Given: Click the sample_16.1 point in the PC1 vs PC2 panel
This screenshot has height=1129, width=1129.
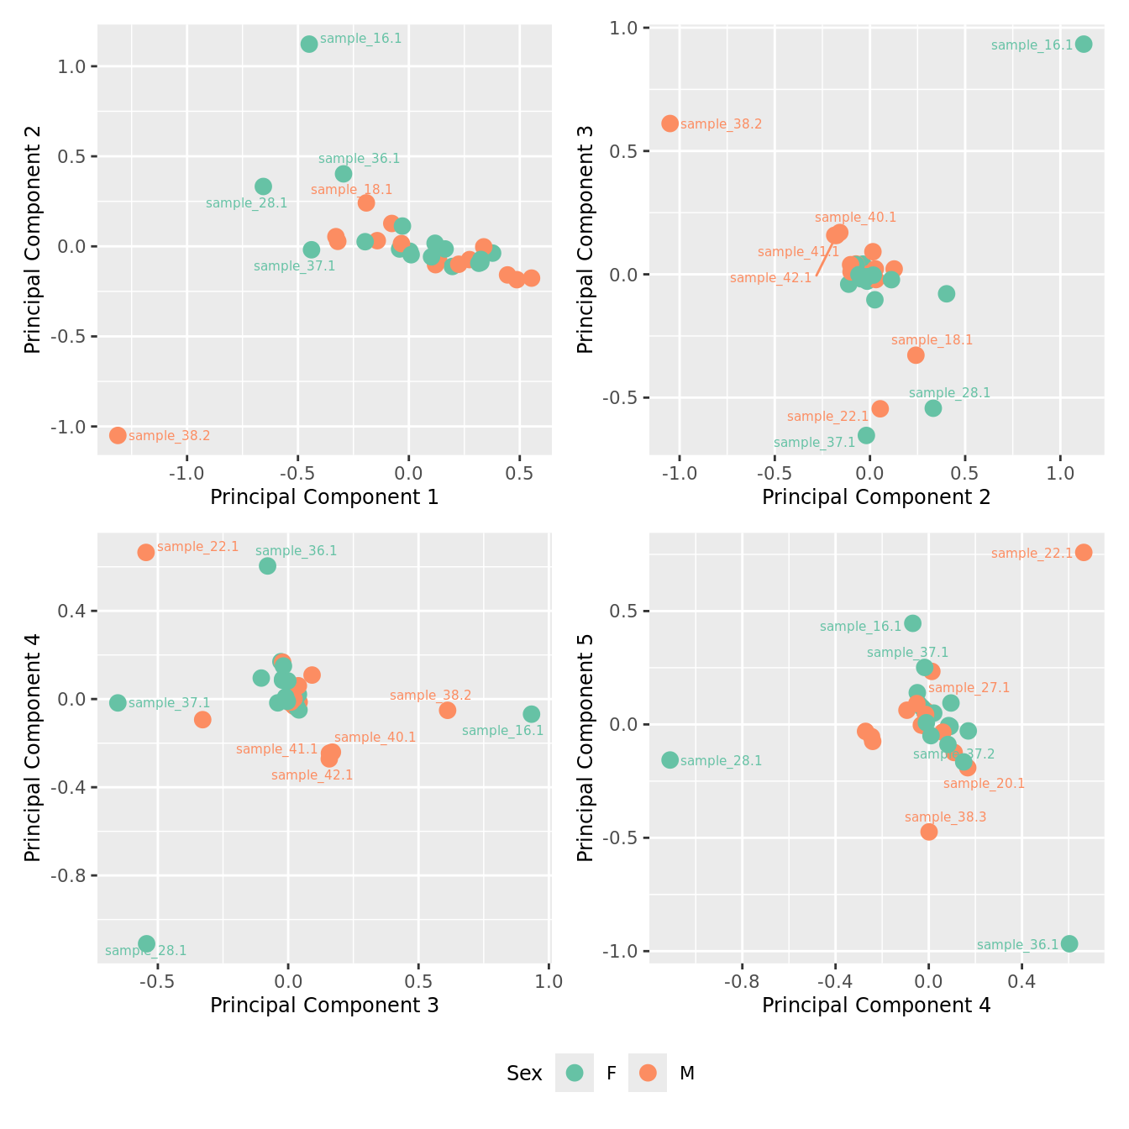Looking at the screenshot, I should [x=309, y=44].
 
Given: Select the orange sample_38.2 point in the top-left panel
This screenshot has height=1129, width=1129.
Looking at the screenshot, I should [x=118, y=435].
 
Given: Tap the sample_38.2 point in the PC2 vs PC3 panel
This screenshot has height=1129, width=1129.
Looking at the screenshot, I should [x=670, y=123].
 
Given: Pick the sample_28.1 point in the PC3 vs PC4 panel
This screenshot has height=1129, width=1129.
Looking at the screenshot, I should [x=146, y=943].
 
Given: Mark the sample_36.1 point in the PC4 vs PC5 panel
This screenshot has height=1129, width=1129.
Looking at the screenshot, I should [x=1069, y=943].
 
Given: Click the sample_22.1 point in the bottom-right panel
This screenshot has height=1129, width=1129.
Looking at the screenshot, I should [x=1084, y=552].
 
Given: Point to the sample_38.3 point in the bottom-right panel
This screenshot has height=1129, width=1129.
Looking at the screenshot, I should [x=928, y=832].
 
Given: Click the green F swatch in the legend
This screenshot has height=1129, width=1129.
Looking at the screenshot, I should [x=575, y=1073].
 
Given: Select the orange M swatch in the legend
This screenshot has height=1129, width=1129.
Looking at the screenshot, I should [x=647, y=1073].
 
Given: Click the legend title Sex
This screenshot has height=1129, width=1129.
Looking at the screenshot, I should [x=524, y=1073].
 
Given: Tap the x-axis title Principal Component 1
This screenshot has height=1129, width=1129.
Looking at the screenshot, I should [x=324, y=496].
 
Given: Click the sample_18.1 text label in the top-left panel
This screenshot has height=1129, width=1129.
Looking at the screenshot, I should [x=351, y=190].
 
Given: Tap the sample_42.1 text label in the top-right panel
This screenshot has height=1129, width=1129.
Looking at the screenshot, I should [x=770, y=278].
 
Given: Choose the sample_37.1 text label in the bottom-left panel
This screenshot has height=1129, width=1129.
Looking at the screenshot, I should [x=169, y=703].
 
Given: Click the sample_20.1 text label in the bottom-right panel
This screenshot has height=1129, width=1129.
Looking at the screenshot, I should [x=984, y=784].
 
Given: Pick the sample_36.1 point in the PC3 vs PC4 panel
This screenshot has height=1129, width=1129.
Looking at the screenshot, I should [x=267, y=565].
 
